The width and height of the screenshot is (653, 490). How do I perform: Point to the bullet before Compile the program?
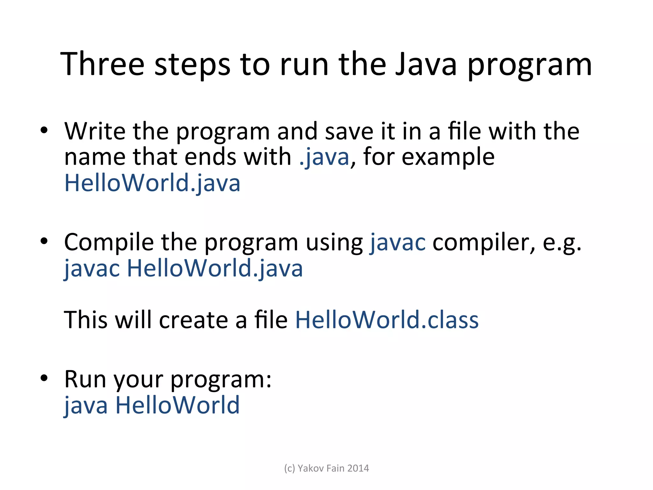(44, 241)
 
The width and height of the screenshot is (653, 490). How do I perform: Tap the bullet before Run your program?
(44, 378)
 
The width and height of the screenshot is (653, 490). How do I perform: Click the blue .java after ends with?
(324, 157)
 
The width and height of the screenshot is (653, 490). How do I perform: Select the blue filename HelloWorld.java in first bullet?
(152, 183)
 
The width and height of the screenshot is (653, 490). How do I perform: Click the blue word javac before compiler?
(397, 242)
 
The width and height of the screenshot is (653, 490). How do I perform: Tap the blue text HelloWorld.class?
(387, 320)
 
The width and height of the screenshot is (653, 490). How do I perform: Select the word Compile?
(109, 242)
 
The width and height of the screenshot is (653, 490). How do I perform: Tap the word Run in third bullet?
(85, 379)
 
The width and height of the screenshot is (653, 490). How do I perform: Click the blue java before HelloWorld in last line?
(86, 405)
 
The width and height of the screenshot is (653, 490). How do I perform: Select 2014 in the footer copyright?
(358, 468)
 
